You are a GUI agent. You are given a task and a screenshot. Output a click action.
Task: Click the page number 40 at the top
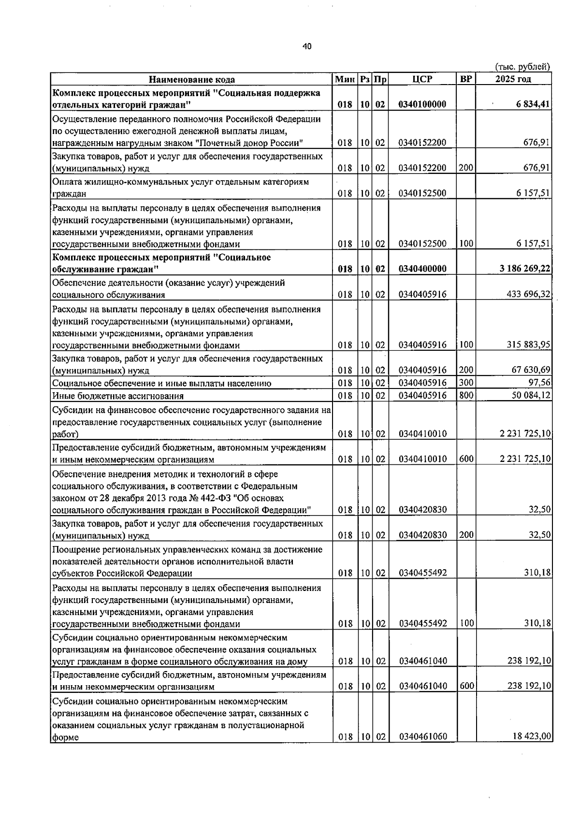307,46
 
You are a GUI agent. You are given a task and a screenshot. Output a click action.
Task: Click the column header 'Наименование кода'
191,80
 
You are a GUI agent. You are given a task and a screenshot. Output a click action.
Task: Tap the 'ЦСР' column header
422,79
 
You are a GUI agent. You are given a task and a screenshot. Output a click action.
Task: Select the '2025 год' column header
513,79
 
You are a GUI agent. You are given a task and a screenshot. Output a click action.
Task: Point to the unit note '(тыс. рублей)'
522,67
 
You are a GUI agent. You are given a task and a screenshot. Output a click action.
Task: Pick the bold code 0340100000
422,104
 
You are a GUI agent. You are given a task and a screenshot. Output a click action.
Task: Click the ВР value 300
466,383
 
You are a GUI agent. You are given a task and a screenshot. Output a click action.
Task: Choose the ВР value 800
466,395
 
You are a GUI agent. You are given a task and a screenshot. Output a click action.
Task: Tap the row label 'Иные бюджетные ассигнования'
118,396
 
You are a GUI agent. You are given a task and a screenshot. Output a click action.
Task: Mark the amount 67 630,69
531,370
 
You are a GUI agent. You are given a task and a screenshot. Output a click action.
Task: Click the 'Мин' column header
345,79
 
